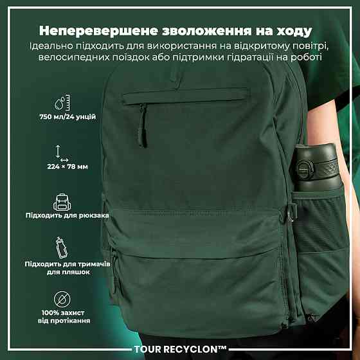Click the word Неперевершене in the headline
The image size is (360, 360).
pos(98,31)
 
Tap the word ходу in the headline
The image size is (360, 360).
pos(294,32)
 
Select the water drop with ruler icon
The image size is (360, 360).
pos(62,102)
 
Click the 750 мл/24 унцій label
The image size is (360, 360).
pos(67,117)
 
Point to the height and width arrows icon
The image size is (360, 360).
pos(62,154)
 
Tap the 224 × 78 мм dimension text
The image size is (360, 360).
pos(67,166)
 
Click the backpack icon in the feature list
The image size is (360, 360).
pos(62,202)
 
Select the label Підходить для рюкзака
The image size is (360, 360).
pos(67,215)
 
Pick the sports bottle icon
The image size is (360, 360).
pos(62,248)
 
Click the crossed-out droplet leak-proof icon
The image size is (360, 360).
pos(62,300)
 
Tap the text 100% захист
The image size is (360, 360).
pos(63,312)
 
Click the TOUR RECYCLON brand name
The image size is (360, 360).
pos(180,349)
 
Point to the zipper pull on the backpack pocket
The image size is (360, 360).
pos(143,125)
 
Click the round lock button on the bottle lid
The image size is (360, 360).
pos(305,170)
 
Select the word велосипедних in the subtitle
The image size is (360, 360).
pos(74,57)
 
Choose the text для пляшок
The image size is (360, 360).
pos(68,273)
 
